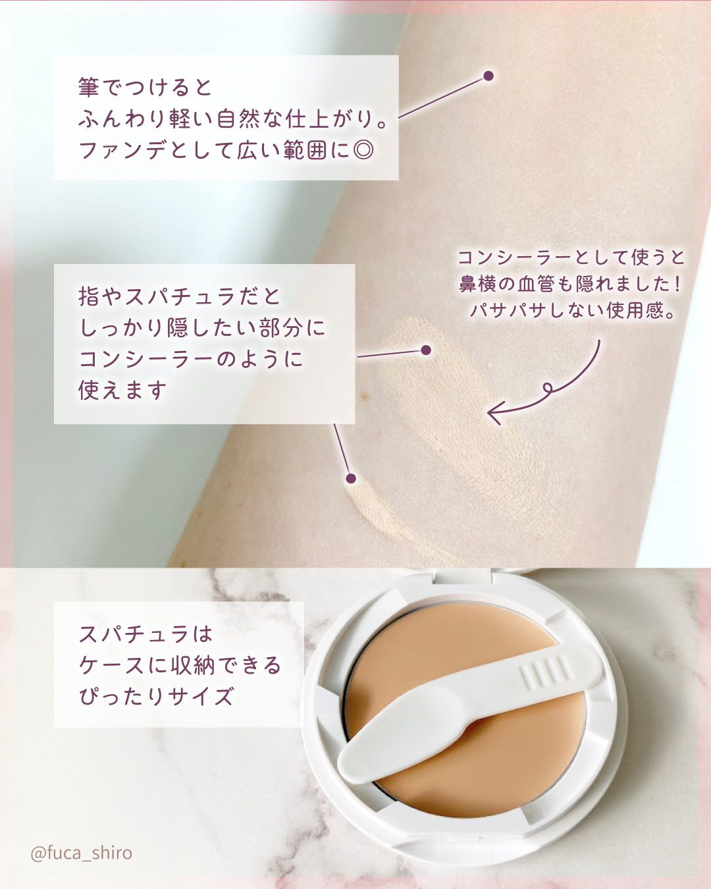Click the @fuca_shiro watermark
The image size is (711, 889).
coord(82,852)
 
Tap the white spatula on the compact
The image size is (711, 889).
coord(469,713)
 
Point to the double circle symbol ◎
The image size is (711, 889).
coord(364,150)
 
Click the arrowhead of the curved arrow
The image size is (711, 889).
coord(495,413)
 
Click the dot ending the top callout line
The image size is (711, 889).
coord(488,76)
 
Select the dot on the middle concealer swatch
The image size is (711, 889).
coord(426,350)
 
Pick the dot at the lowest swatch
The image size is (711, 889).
coord(351,478)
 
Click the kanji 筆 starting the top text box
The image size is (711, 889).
coord(88,88)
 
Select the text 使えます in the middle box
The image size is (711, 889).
coord(122,390)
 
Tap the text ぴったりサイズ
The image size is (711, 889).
coord(157,696)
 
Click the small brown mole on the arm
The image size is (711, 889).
coord(365,396)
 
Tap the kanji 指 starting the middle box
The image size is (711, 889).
coord(88,296)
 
